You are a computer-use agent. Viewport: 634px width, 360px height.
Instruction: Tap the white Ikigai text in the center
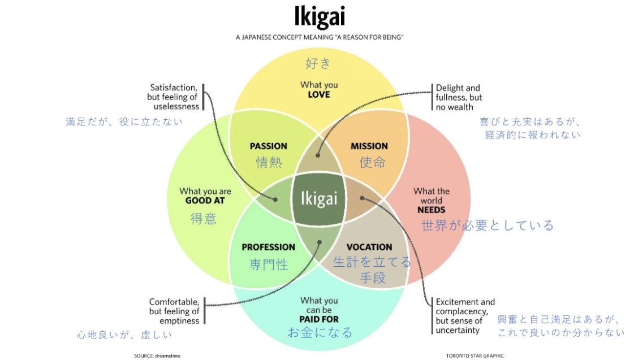pyautogui.click(x=318, y=199)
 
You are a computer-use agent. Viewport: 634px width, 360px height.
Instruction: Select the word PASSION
pyautogui.click(x=268, y=146)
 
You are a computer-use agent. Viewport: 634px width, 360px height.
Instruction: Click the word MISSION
pyautogui.click(x=369, y=146)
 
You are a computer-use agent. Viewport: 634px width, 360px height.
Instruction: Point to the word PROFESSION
pyautogui.click(x=268, y=247)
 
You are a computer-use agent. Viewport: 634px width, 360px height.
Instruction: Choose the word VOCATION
pyautogui.click(x=369, y=247)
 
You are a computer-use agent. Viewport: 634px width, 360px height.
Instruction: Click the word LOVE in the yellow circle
pyautogui.click(x=319, y=94)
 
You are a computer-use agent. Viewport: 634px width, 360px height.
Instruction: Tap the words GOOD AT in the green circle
pyautogui.click(x=205, y=201)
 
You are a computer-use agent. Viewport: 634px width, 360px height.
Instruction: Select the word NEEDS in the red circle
pyautogui.click(x=432, y=210)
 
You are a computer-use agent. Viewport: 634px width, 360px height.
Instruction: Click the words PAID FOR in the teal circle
pyautogui.click(x=319, y=319)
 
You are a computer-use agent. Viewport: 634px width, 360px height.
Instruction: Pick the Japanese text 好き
pyautogui.click(x=318, y=63)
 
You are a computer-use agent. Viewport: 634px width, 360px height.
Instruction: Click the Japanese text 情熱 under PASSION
pyautogui.click(x=268, y=162)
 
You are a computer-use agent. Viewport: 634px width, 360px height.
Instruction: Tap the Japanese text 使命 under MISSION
pyautogui.click(x=373, y=162)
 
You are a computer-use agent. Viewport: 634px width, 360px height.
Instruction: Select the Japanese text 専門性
pyautogui.click(x=269, y=264)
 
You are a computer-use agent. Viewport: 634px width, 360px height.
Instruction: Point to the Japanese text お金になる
pyautogui.click(x=320, y=332)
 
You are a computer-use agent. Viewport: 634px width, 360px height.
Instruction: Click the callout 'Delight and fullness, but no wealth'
pyautogui.click(x=459, y=97)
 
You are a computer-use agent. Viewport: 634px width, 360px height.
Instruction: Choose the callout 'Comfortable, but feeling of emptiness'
pyautogui.click(x=174, y=311)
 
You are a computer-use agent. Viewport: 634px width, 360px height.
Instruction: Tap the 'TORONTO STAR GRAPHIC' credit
pyautogui.click(x=475, y=355)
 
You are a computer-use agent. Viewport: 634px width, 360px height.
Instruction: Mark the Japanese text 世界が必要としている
pyautogui.click(x=488, y=225)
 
